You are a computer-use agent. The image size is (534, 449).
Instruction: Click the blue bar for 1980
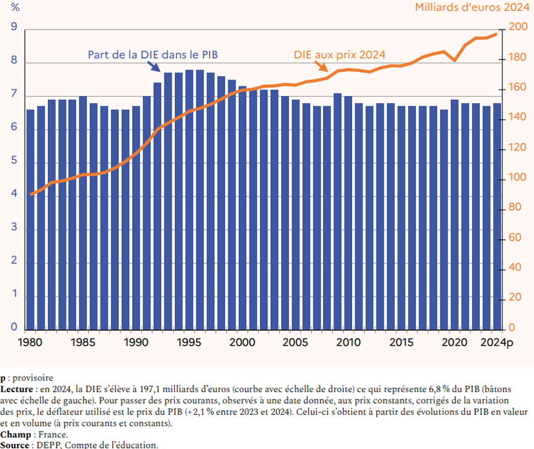(x=30, y=219)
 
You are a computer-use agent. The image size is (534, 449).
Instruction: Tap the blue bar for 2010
(x=348, y=213)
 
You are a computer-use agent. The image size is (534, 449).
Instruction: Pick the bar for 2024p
(x=497, y=216)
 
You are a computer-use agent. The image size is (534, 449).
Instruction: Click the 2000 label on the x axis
(x=241, y=342)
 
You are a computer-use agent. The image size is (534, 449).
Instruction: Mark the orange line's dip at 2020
(x=455, y=61)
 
